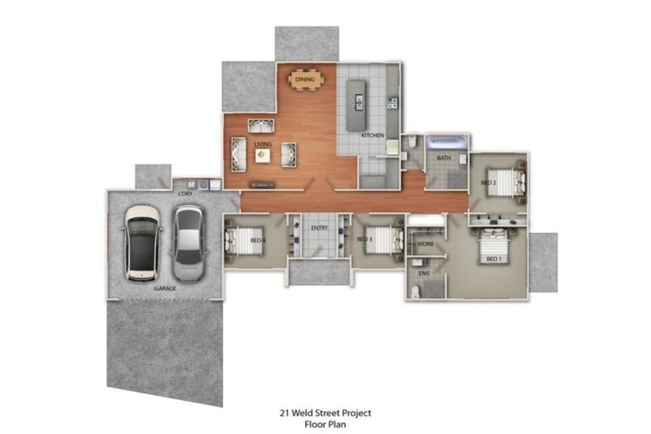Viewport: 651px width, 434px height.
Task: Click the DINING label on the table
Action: tap(305, 80)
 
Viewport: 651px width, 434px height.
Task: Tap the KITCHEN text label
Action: tap(373, 136)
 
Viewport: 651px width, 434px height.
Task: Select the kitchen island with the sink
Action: tap(359, 103)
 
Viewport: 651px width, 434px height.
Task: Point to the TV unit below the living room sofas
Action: tap(263, 184)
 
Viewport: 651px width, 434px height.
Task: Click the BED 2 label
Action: tap(488, 182)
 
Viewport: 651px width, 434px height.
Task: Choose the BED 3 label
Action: tap(364, 240)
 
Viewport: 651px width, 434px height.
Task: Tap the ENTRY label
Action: tap(320, 228)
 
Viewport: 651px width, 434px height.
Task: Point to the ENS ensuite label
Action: tap(424, 274)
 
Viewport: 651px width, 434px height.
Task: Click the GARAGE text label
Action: tap(165, 288)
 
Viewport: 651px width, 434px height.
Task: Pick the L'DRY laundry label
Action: tap(184, 193)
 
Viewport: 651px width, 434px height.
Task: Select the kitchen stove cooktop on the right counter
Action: tap(392, 103)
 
